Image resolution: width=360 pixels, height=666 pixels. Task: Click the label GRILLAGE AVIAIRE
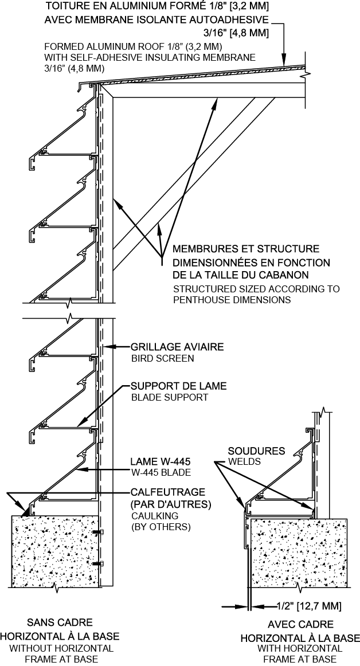(x=177, y=347)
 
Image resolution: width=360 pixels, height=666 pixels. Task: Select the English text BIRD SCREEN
(x=162, y=358)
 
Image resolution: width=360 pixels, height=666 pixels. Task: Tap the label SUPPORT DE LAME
(x=179, y=386)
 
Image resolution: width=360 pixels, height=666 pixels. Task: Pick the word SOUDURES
(x=256, y=450)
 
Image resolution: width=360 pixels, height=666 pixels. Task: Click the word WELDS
(x=244, y=461)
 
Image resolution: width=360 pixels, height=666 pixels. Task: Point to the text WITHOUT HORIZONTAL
(x=61, y=648)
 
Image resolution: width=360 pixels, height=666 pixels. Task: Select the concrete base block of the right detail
(x=298, y=550)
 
